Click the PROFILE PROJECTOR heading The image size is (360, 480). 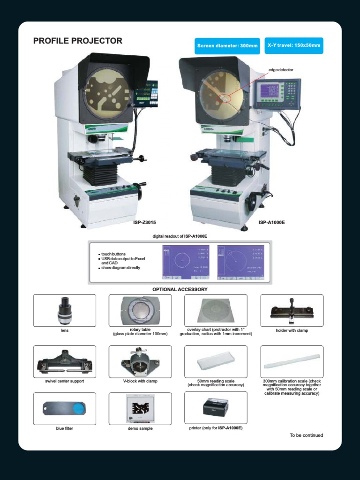[x=78, y=41]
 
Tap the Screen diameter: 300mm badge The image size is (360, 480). [x=227, y=46]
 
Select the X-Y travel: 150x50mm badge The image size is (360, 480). [x=294, y=45]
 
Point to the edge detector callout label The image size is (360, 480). [x=281, y=70]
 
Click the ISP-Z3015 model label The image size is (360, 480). [x=144, y=222]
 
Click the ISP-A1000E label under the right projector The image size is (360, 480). [x=271, y=222]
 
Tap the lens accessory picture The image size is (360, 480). [x=64, y=310]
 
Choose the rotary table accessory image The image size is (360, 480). [x=140, y=310]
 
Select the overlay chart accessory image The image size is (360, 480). [x=216, y=310]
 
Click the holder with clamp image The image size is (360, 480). [x=292, y=310]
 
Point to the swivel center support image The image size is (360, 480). [x=64, y=361]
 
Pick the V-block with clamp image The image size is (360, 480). [x=140, y=361]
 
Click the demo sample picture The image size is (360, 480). [x=140, y=409]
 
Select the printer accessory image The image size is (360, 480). [x=216, y=408]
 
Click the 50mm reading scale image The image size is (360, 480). [x=216, y=361]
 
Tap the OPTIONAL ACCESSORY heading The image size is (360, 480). [x=180, y=289]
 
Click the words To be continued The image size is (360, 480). [x=306, y=435]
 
